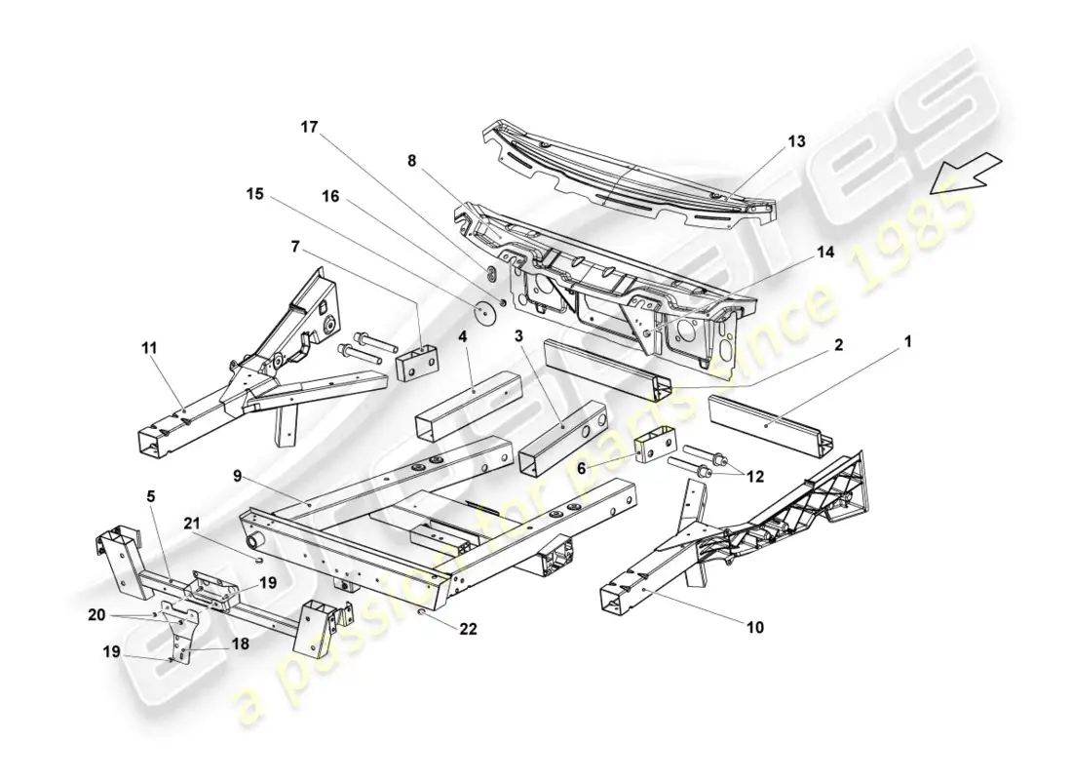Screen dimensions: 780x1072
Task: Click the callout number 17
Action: [309, 128]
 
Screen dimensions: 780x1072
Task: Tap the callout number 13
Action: [797, 141]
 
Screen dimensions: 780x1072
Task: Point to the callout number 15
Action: [254, 194]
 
